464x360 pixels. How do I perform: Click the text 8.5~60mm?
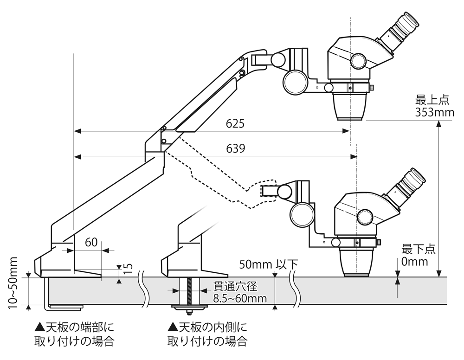tap(240, 298)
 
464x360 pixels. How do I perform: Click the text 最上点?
tap(432, 100)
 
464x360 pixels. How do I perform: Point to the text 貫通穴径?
tap(235, 286)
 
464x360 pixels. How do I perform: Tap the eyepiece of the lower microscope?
tap(412, 180)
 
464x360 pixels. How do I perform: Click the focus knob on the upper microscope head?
tap(359, 60)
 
